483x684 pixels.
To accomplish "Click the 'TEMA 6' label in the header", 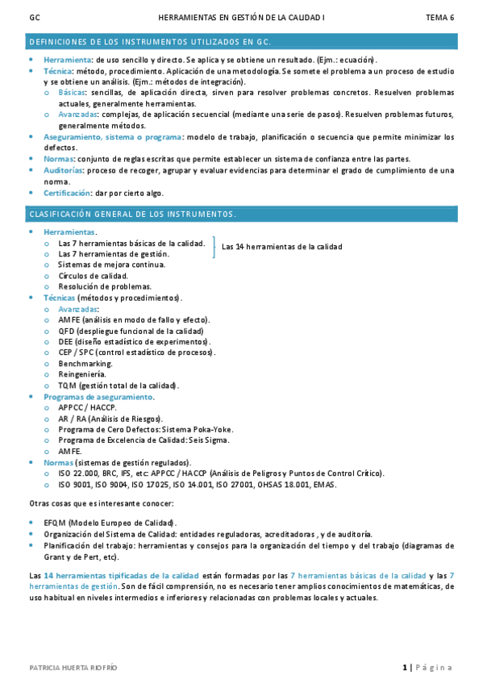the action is (x=439, y=17).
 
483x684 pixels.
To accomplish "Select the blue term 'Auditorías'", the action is (x=63, y=170).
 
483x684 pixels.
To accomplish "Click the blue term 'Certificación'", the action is (x=67, y=193).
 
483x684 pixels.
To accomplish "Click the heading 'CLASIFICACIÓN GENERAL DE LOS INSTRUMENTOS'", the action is (x=132, y=215).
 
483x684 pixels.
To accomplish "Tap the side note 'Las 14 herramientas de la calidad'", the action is (x=281, y=247).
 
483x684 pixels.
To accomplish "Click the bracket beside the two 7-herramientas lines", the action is (x=214, y=247).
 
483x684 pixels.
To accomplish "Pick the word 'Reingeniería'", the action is (x=81, y=374).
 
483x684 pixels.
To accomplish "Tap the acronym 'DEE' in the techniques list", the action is (x=67, y=341).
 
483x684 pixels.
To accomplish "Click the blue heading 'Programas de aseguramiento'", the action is (x=98, y=397).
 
